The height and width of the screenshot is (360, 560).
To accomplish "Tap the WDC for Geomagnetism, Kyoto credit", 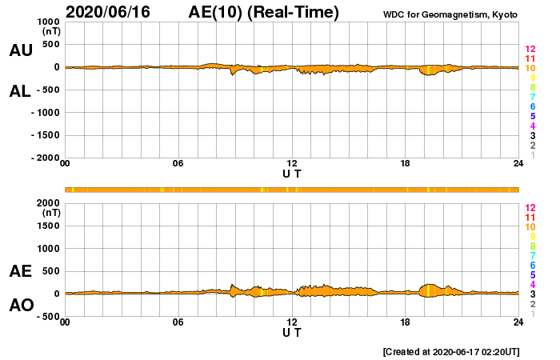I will click(x=451, y=14).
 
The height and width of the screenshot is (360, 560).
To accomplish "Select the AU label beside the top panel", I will click(x=21, y=50).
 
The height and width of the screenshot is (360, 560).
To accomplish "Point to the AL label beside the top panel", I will click(x=21, y=91).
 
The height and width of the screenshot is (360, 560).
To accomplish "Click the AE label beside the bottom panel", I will click(x=21, y=271).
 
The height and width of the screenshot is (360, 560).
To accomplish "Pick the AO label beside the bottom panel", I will click(x=21, y=306).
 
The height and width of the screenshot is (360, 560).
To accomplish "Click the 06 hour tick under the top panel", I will click(x=178, y=164).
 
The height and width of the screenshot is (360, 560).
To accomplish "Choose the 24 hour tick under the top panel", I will click(x=518, y=164).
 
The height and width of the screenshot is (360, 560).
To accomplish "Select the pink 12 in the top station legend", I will click(x=530, y=50).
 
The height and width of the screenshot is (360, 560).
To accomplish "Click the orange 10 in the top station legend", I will click(x=530, y=69).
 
